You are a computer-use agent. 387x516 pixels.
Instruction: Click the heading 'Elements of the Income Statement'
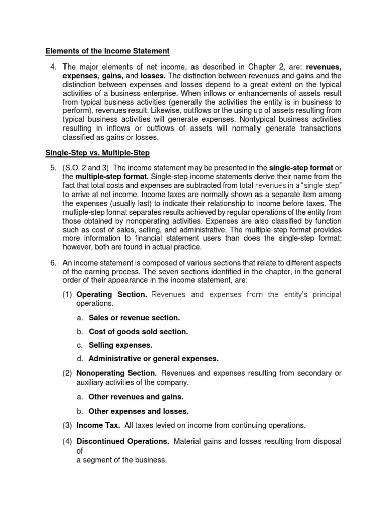107,51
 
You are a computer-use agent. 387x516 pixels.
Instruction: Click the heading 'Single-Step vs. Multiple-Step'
98,152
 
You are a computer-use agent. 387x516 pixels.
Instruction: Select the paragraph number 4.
51,67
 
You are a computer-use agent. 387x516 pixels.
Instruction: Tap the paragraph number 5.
51,168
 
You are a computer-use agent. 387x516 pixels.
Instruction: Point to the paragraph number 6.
51,263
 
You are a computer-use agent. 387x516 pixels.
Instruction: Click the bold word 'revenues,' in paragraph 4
324,67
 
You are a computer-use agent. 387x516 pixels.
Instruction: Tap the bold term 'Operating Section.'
111,295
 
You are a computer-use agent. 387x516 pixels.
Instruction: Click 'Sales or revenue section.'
134,318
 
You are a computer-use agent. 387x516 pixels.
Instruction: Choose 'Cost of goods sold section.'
138,332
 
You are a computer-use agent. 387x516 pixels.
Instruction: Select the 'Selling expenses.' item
120,345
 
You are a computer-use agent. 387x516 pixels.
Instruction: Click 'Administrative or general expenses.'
153,359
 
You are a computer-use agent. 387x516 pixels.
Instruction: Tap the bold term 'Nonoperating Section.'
116,373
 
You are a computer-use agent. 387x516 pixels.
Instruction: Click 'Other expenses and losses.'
138,411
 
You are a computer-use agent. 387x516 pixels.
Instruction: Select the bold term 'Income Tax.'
98,426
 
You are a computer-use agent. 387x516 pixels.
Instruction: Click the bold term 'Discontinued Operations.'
122,441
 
